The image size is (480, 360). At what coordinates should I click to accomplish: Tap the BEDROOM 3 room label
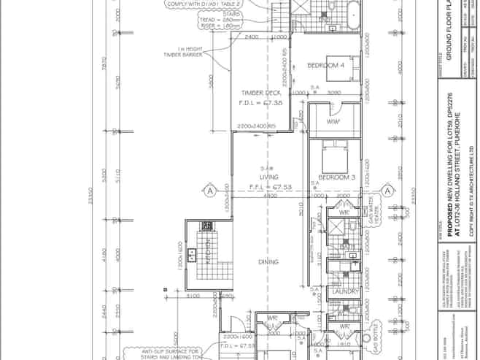click(336, 177)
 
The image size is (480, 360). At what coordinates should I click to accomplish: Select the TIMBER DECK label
click(260, 93)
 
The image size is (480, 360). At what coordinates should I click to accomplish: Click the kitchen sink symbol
click(192, 255)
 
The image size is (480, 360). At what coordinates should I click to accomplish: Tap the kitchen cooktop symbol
click(207, 226)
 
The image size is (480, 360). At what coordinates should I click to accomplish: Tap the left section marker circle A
click(209, 191)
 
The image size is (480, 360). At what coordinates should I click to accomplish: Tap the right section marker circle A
click(388, 191)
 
